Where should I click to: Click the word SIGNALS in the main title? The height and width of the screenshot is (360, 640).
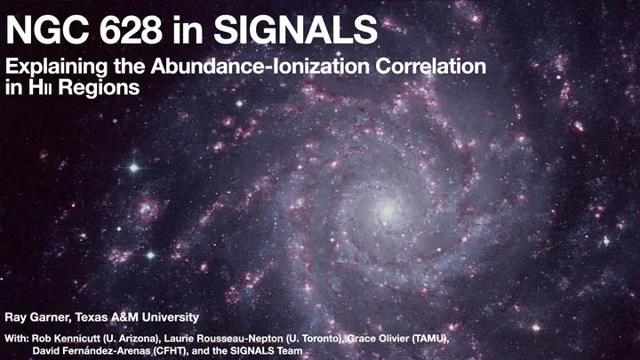click(295, 29)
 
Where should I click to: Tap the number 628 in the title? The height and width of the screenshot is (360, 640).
click(131, 29)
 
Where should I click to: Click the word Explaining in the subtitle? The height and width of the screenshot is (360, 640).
click(57, 68)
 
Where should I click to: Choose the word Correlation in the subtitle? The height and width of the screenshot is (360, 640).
click(431, 66)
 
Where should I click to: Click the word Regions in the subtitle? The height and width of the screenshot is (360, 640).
click(99, 88)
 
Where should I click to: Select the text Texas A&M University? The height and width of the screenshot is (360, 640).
click(137, 317)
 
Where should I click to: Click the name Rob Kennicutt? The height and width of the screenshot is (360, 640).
click(66, 339)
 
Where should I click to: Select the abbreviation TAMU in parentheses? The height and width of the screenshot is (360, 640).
click(430, 339)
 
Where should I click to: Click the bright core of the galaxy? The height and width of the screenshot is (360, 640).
click(386, 211)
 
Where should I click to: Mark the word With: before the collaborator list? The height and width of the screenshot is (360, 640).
click(17, 339)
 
